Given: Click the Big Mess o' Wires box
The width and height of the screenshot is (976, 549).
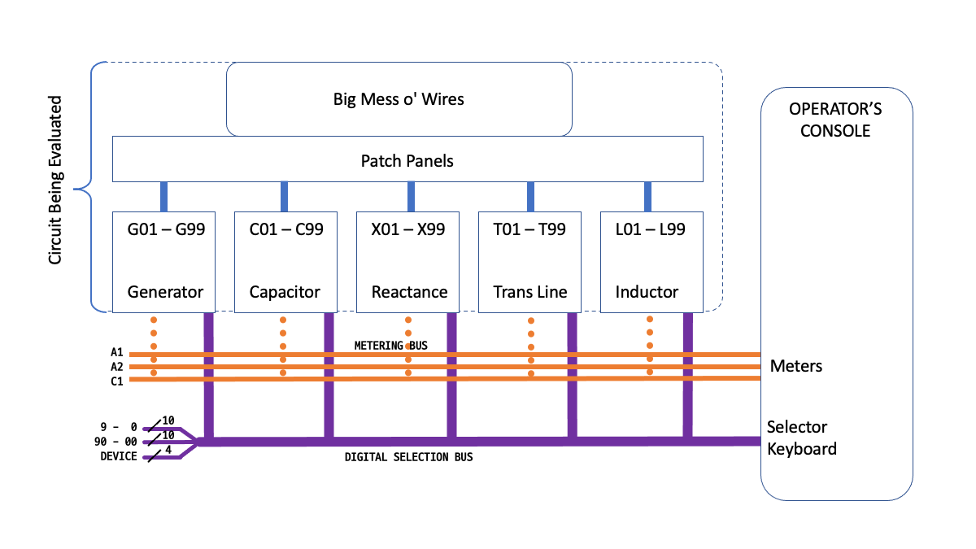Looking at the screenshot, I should coord(399,99).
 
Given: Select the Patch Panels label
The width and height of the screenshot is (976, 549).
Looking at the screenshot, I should coord(407,160).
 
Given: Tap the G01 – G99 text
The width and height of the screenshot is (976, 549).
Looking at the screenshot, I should coord(166,229).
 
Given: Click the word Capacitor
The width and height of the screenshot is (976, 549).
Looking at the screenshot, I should coord(285,292).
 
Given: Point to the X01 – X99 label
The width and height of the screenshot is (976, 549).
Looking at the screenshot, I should coord(408,229).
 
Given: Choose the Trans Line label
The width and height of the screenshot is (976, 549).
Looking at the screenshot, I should coord(530,292).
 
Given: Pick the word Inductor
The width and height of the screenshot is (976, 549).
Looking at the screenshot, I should coord(647,292).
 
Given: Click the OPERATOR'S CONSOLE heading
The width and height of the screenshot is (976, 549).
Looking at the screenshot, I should coord(835,120).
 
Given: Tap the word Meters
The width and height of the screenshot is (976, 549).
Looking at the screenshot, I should coord(795,366).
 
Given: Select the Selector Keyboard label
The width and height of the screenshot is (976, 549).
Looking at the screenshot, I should coord(801,438).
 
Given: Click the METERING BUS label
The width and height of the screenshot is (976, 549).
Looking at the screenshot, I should coord(390,346).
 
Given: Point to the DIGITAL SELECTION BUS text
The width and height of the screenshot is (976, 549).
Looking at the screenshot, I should coord(408,457).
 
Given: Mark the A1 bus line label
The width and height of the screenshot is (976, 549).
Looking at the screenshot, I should coord(117,353).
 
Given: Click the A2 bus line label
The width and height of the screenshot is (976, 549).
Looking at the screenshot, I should coord(117,367).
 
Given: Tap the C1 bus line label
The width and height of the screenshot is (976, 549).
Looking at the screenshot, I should coord(117,381).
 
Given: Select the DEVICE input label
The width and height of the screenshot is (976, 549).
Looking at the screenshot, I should coord(118,457).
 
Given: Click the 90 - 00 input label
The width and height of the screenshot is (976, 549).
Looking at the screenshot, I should coord(115,442).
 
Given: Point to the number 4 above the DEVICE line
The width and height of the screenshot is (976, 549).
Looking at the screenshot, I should coord(168,450).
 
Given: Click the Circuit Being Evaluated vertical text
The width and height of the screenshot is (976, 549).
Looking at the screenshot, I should coord(55,180).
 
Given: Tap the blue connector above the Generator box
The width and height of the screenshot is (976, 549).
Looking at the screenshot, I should coord(163,196).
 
